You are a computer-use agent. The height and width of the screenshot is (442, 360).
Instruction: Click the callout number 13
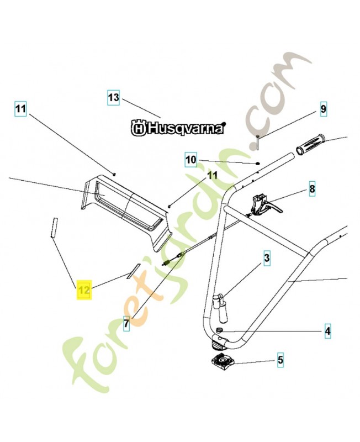pyautogui.click(x=114, y=98)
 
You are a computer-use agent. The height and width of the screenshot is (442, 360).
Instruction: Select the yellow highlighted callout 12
pyautogui.click(x=84, y=290)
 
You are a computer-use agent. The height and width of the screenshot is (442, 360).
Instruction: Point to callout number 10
pyautogui.click(x=191, y=160)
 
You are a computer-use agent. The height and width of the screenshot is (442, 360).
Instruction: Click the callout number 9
pyautogui.click(x=323, y=109)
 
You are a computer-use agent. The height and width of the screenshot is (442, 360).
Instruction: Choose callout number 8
pyautogui.click(x=312, y=188)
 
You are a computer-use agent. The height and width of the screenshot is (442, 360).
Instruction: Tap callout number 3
pyautogui.click(x=267, y=257)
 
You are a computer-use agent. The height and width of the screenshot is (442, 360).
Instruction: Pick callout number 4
pyautogui.click(x=327, y=330)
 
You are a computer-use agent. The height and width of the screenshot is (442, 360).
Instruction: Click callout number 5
pyautogui.click(x=280, y=360)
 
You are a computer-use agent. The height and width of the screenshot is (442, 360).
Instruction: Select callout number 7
pyautogui.click(x=126, y=323)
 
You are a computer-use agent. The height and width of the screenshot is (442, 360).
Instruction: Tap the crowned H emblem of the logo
pyautogui.click(x=138, y=128)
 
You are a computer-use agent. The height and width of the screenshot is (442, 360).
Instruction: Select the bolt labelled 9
pyautogui.click(x=258, y=143)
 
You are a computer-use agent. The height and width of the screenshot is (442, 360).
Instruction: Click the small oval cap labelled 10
pyautogui.click(x=257, y=163)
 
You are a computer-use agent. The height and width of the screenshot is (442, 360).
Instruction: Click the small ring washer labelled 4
pyautogui.click(x=218, y=330)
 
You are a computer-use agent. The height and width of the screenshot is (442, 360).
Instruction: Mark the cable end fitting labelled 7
pyautogui.click(x=173, y=260)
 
